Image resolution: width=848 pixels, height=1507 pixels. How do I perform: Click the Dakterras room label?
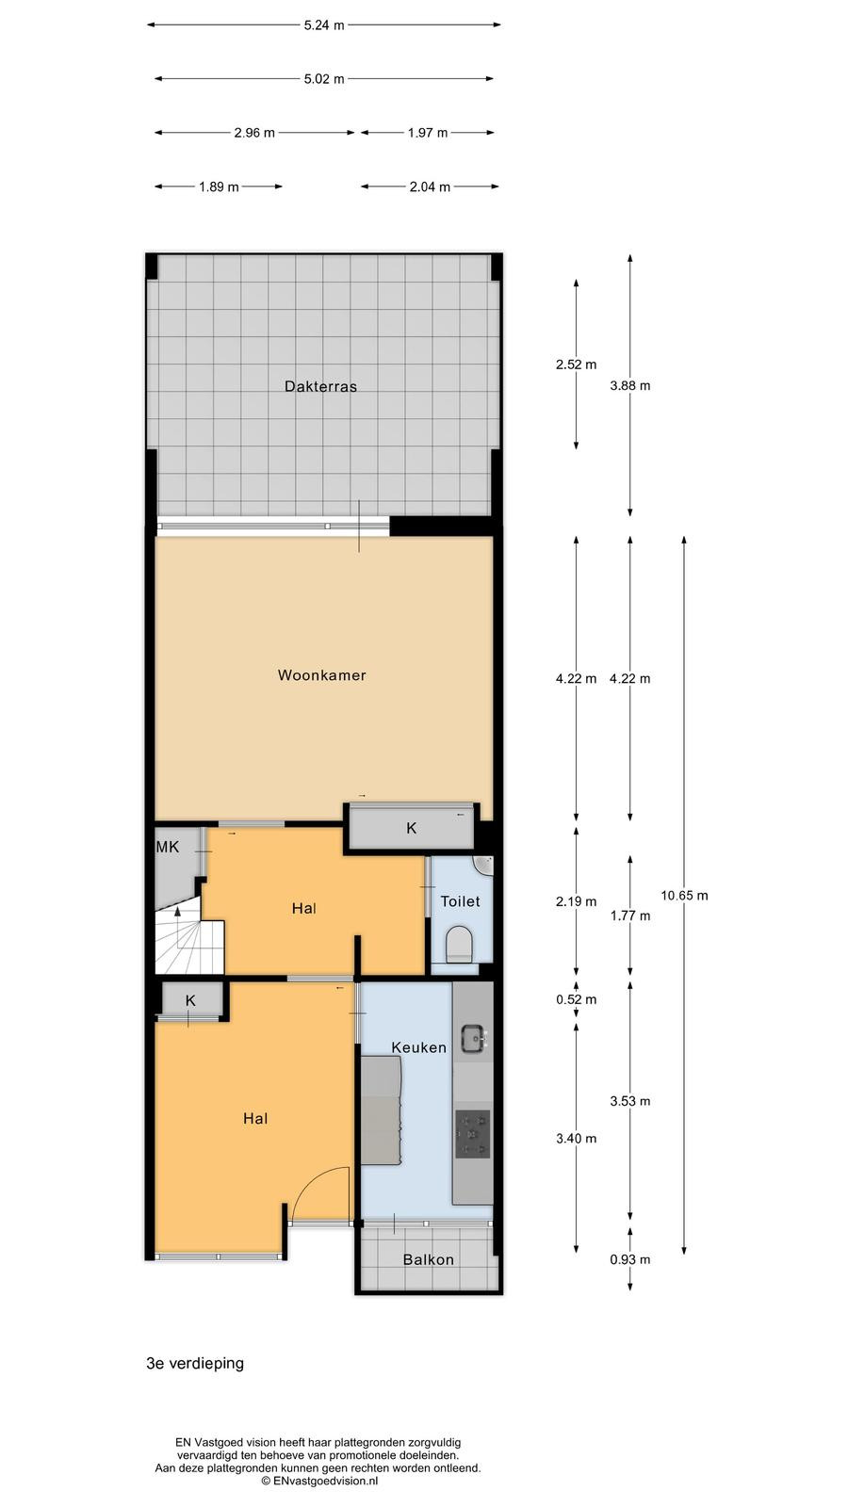pyautogui.click(x=320, y=386)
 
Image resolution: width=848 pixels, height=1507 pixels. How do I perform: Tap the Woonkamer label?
pyautogui.click(x=321, y=674)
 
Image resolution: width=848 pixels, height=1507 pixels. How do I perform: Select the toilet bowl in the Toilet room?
pyautogui.click(x=461, y=943)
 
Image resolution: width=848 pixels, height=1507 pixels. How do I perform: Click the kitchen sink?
pyautogui.click(x=474, y=1037)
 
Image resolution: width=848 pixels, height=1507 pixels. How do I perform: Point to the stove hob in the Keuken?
pyautogui.click(x=473, y=1134)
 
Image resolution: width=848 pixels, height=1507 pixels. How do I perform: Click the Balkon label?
pyautogui.click(x=428, y=1259)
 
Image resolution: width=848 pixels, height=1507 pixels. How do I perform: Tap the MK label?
pyautogui.click(x=168, y=847)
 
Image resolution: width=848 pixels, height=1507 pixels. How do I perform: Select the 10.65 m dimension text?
pyautogui.click(x=684, y=896)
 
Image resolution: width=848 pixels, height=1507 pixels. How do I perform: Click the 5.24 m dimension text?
pyautogui.click(x=324, y=25)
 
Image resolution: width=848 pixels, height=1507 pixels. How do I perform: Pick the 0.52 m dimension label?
pyautogui.click(x=576, y=999)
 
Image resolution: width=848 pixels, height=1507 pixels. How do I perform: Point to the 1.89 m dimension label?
pyautogui.click(x=219, y=187)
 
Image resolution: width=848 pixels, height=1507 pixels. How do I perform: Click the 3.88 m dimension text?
pyautogui.click(x=630, y=385)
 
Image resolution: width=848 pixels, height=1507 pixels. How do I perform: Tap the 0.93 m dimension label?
pyautogui.click(x=630, y=1259)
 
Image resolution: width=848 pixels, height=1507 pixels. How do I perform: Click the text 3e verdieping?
pyautogui.click(x=195, y=1364)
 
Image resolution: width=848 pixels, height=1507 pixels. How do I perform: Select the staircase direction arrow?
pyautogui.click(x=178, y=912)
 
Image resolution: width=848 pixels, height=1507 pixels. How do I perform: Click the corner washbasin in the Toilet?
pyautogui.click(x=484, y=866)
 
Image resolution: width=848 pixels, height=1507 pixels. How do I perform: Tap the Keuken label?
pyautogui.click(x=418, y=1047)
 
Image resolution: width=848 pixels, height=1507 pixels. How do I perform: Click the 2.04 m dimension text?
pyautogui.click(x=430, y=187)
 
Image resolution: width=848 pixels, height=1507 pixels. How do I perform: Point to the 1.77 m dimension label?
pyautogui.click(x=630, y=916)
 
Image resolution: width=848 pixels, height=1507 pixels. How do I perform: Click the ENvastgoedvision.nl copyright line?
pyautogui.click(x=319, y=1481)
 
